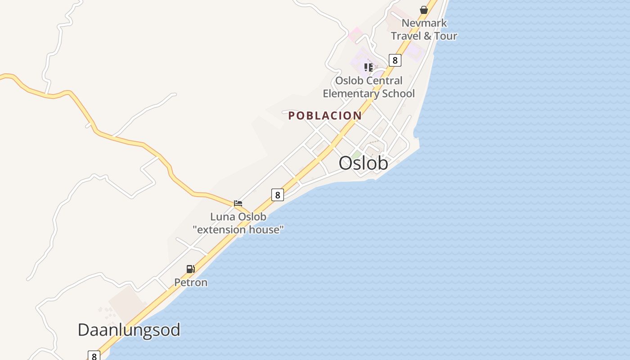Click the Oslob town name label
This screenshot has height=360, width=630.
(x=363, y=163)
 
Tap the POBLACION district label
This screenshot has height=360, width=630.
(x=325, y=116)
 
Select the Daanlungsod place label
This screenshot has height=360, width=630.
(x=129, y=330)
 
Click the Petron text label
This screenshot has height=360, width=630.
(x=191, y=283)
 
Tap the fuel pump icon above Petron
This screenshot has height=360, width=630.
(x=191, y=269)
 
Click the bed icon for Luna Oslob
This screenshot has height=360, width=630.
(x=238, y=203)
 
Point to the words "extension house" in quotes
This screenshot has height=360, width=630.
(x=238, y=229)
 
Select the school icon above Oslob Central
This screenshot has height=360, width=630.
(x=369, y=67)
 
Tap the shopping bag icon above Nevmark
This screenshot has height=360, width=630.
(x=423, y=9)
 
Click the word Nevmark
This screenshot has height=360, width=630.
(x=424, y=23)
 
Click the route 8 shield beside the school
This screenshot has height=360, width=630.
(x=395, y=60)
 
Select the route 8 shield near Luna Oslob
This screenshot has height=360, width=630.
(x=278, y=195)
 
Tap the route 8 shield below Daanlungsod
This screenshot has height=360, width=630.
(x=94, y=356)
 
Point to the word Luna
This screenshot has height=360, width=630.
(x=223, y=217)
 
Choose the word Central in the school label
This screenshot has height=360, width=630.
(x=384, y=81)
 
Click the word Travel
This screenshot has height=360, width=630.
(x=405, y=36)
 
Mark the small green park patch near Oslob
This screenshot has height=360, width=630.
(x=356, y=155)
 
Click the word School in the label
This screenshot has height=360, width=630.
(x=398, y=94)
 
